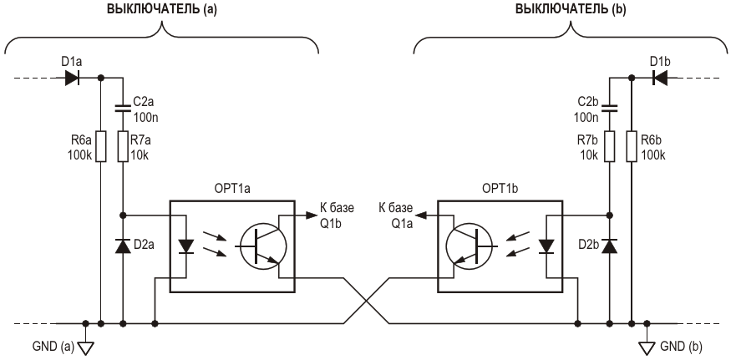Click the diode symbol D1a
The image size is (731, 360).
[x=72, y=78]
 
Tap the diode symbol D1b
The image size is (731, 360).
[x=659, y=78]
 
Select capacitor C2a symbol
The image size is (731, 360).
[x=123, y=106]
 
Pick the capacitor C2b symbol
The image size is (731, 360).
[x=609, y=106]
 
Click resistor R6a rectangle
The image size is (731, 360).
[x=101, y=146]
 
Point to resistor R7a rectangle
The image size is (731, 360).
[x=123, y=146]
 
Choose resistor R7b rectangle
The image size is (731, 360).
[x=609, y=146]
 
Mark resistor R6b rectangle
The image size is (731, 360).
[x=632, y=146]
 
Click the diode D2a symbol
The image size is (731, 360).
[x=123, y=246]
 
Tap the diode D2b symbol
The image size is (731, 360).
[x=609, y=246]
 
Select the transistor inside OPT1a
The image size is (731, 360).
[x=261, y=246]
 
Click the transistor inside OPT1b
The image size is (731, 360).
[x=470, y=246]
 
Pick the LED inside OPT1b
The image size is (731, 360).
[x=547, y=246]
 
